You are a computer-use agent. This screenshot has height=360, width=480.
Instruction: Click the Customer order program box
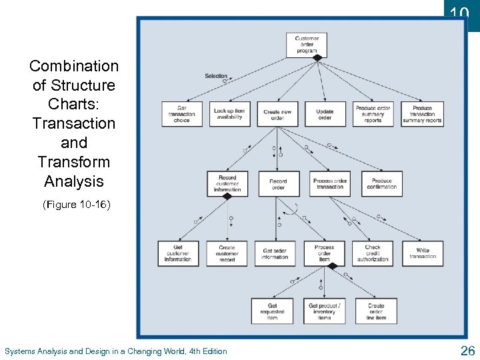[x=307, y=44]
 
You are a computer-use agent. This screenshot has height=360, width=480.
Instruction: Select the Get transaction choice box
[x=181, y=113]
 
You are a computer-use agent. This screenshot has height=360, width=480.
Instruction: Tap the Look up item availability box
[x=229, y=113]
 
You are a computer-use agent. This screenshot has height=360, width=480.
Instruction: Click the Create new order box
[x=277, y=114]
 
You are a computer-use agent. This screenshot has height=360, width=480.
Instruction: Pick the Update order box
[x=325, y=114]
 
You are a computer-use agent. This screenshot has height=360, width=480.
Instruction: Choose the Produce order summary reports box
[x=373, y=114]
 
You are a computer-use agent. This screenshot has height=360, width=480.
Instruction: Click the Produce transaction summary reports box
[x=422, y=114]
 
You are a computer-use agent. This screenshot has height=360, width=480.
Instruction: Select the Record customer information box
[x=227, y=183]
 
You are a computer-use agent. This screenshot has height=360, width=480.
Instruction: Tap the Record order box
[x=278, y=184]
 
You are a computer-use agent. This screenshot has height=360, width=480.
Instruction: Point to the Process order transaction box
[x=330, y=184]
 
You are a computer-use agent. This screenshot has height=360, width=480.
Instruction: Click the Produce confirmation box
[x=382, y=184]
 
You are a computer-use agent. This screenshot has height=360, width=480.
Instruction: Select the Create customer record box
[x=227, y=253]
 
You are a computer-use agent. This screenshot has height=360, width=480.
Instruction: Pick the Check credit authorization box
[x=373, y=253]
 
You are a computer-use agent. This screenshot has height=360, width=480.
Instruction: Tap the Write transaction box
[x=423, y=253]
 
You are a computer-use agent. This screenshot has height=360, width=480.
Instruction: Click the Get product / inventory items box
[x=324, y=311]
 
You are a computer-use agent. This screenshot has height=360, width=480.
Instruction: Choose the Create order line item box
[x=375, y=311]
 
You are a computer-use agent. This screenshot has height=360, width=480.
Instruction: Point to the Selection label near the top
[x=216, y=76]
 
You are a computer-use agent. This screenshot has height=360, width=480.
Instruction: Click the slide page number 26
[x=467, y=351]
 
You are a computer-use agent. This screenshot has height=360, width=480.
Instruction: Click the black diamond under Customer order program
[x=317, y=58]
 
